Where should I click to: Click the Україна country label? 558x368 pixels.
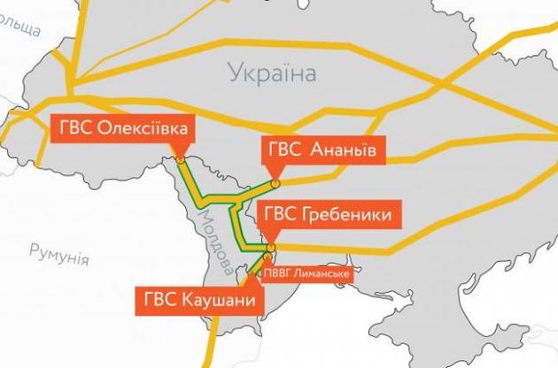coord(271,73)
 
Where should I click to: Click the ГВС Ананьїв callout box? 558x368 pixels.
coord(324,149)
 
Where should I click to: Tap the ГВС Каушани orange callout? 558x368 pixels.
coord(199,299)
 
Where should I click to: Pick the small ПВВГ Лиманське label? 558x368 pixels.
coord(306,274)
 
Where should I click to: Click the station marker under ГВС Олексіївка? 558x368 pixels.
coord(180,161)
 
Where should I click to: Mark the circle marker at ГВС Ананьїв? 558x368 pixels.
coord(275,183)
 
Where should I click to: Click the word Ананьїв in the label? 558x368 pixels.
coord(346,149)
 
